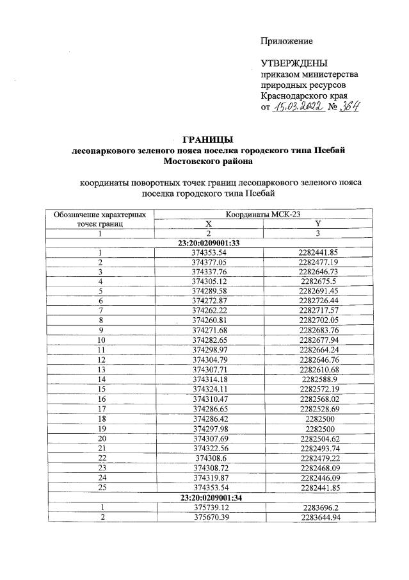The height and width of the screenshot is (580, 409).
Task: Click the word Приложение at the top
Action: [286, 41]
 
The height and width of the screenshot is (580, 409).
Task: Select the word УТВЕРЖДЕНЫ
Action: [294, 63]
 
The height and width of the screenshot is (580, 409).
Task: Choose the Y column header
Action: [317, 224]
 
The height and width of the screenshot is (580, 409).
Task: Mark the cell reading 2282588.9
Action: [317, 379]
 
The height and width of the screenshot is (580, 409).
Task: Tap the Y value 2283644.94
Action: [317, 517]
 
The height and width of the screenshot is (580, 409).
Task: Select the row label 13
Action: [100, 370]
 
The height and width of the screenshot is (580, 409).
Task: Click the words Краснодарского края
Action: [304, 95]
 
